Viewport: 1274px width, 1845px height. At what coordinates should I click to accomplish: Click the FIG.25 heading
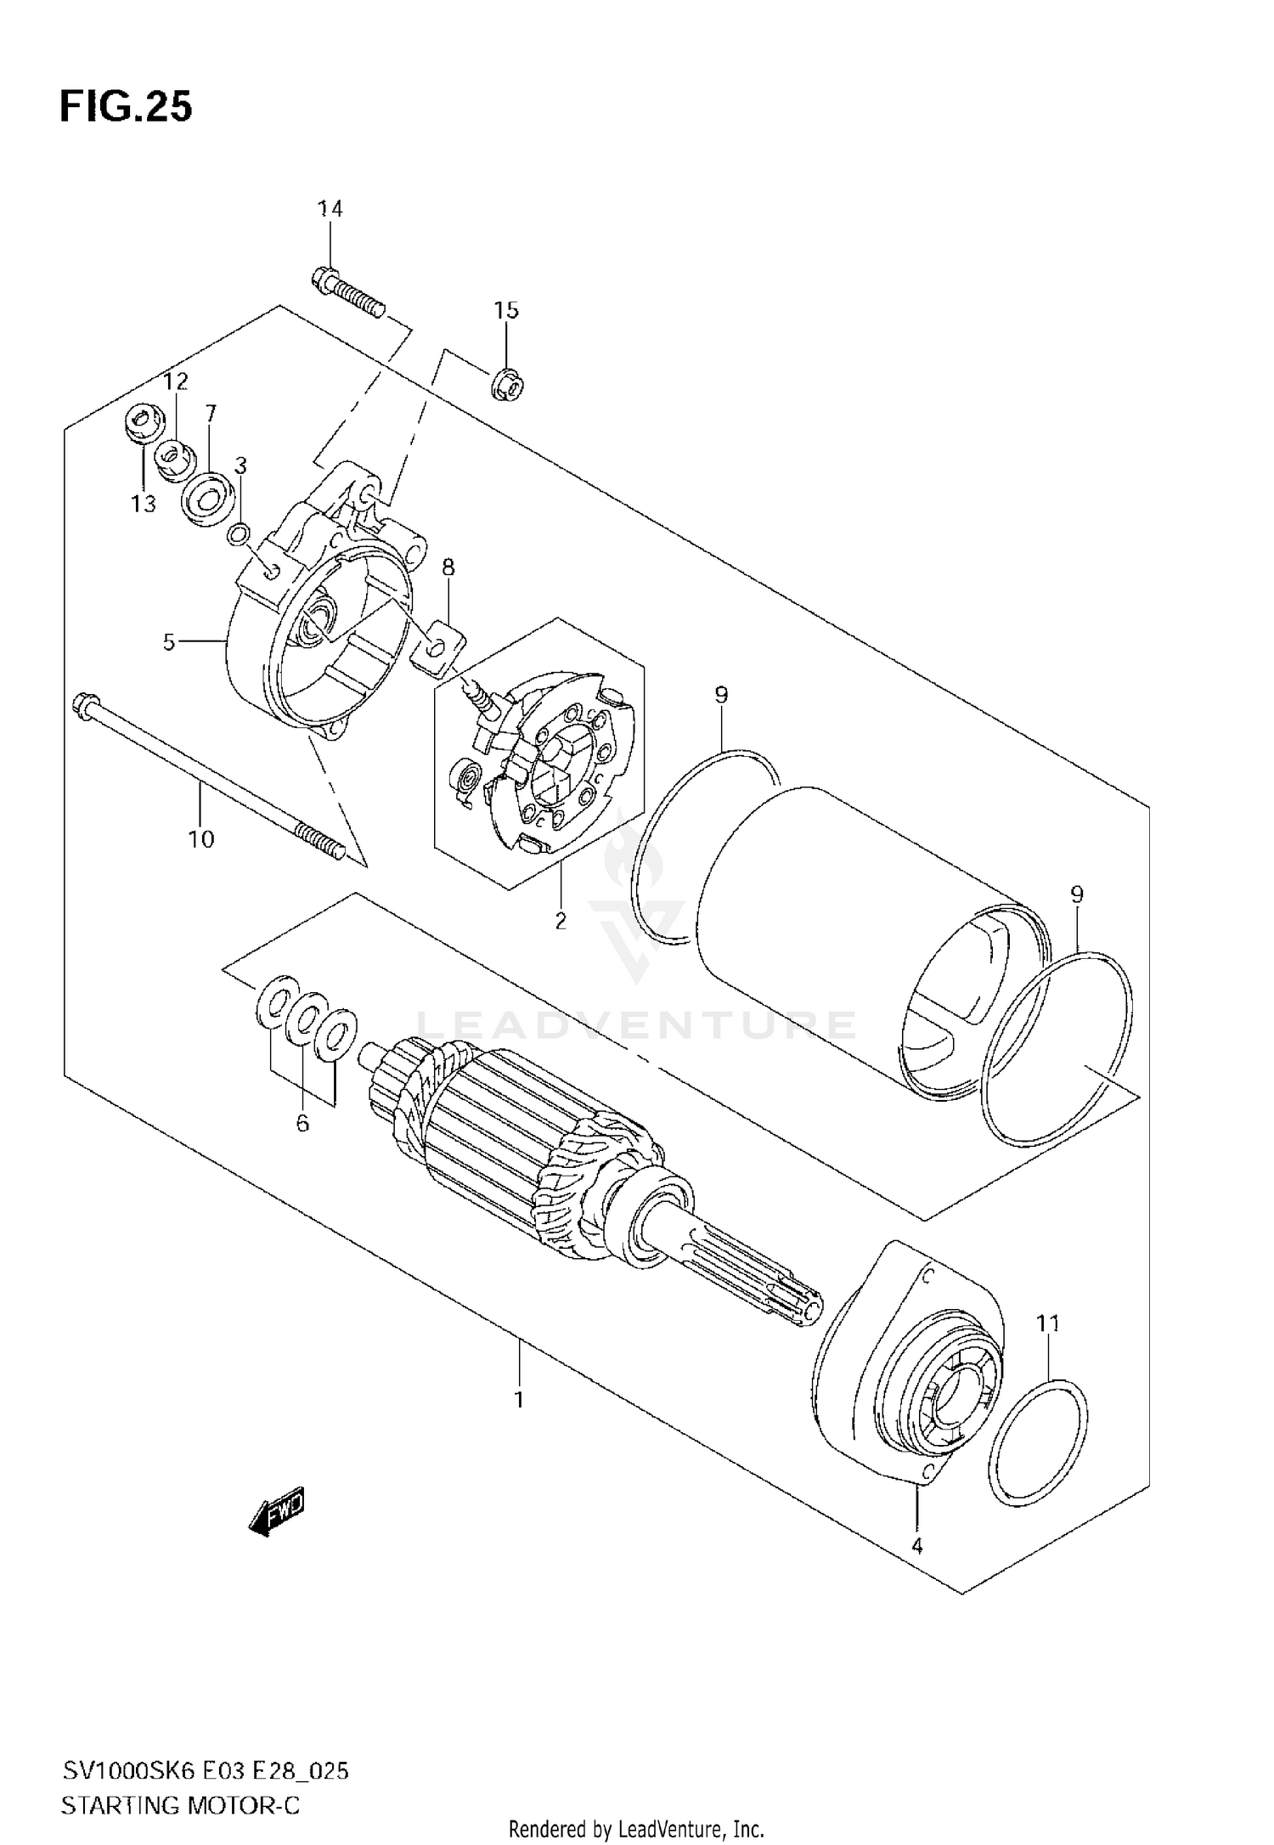126,108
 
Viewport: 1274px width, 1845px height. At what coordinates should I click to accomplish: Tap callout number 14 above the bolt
330,209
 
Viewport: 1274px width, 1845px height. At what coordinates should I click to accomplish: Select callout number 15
506,311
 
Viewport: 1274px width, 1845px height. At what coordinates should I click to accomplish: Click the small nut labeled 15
507,385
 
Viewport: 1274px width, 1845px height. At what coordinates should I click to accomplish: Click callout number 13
144,504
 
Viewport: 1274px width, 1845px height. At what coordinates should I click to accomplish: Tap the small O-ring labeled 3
240,533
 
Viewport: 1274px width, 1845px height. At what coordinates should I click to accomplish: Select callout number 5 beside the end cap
169,642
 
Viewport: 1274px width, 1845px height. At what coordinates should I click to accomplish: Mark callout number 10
201,839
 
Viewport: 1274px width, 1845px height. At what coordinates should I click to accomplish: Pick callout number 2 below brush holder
561,920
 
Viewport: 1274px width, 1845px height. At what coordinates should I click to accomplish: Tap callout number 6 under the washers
302,1124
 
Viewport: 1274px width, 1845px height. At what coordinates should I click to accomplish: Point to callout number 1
519,1399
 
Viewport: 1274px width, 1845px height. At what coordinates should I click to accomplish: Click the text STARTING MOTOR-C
180,1781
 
